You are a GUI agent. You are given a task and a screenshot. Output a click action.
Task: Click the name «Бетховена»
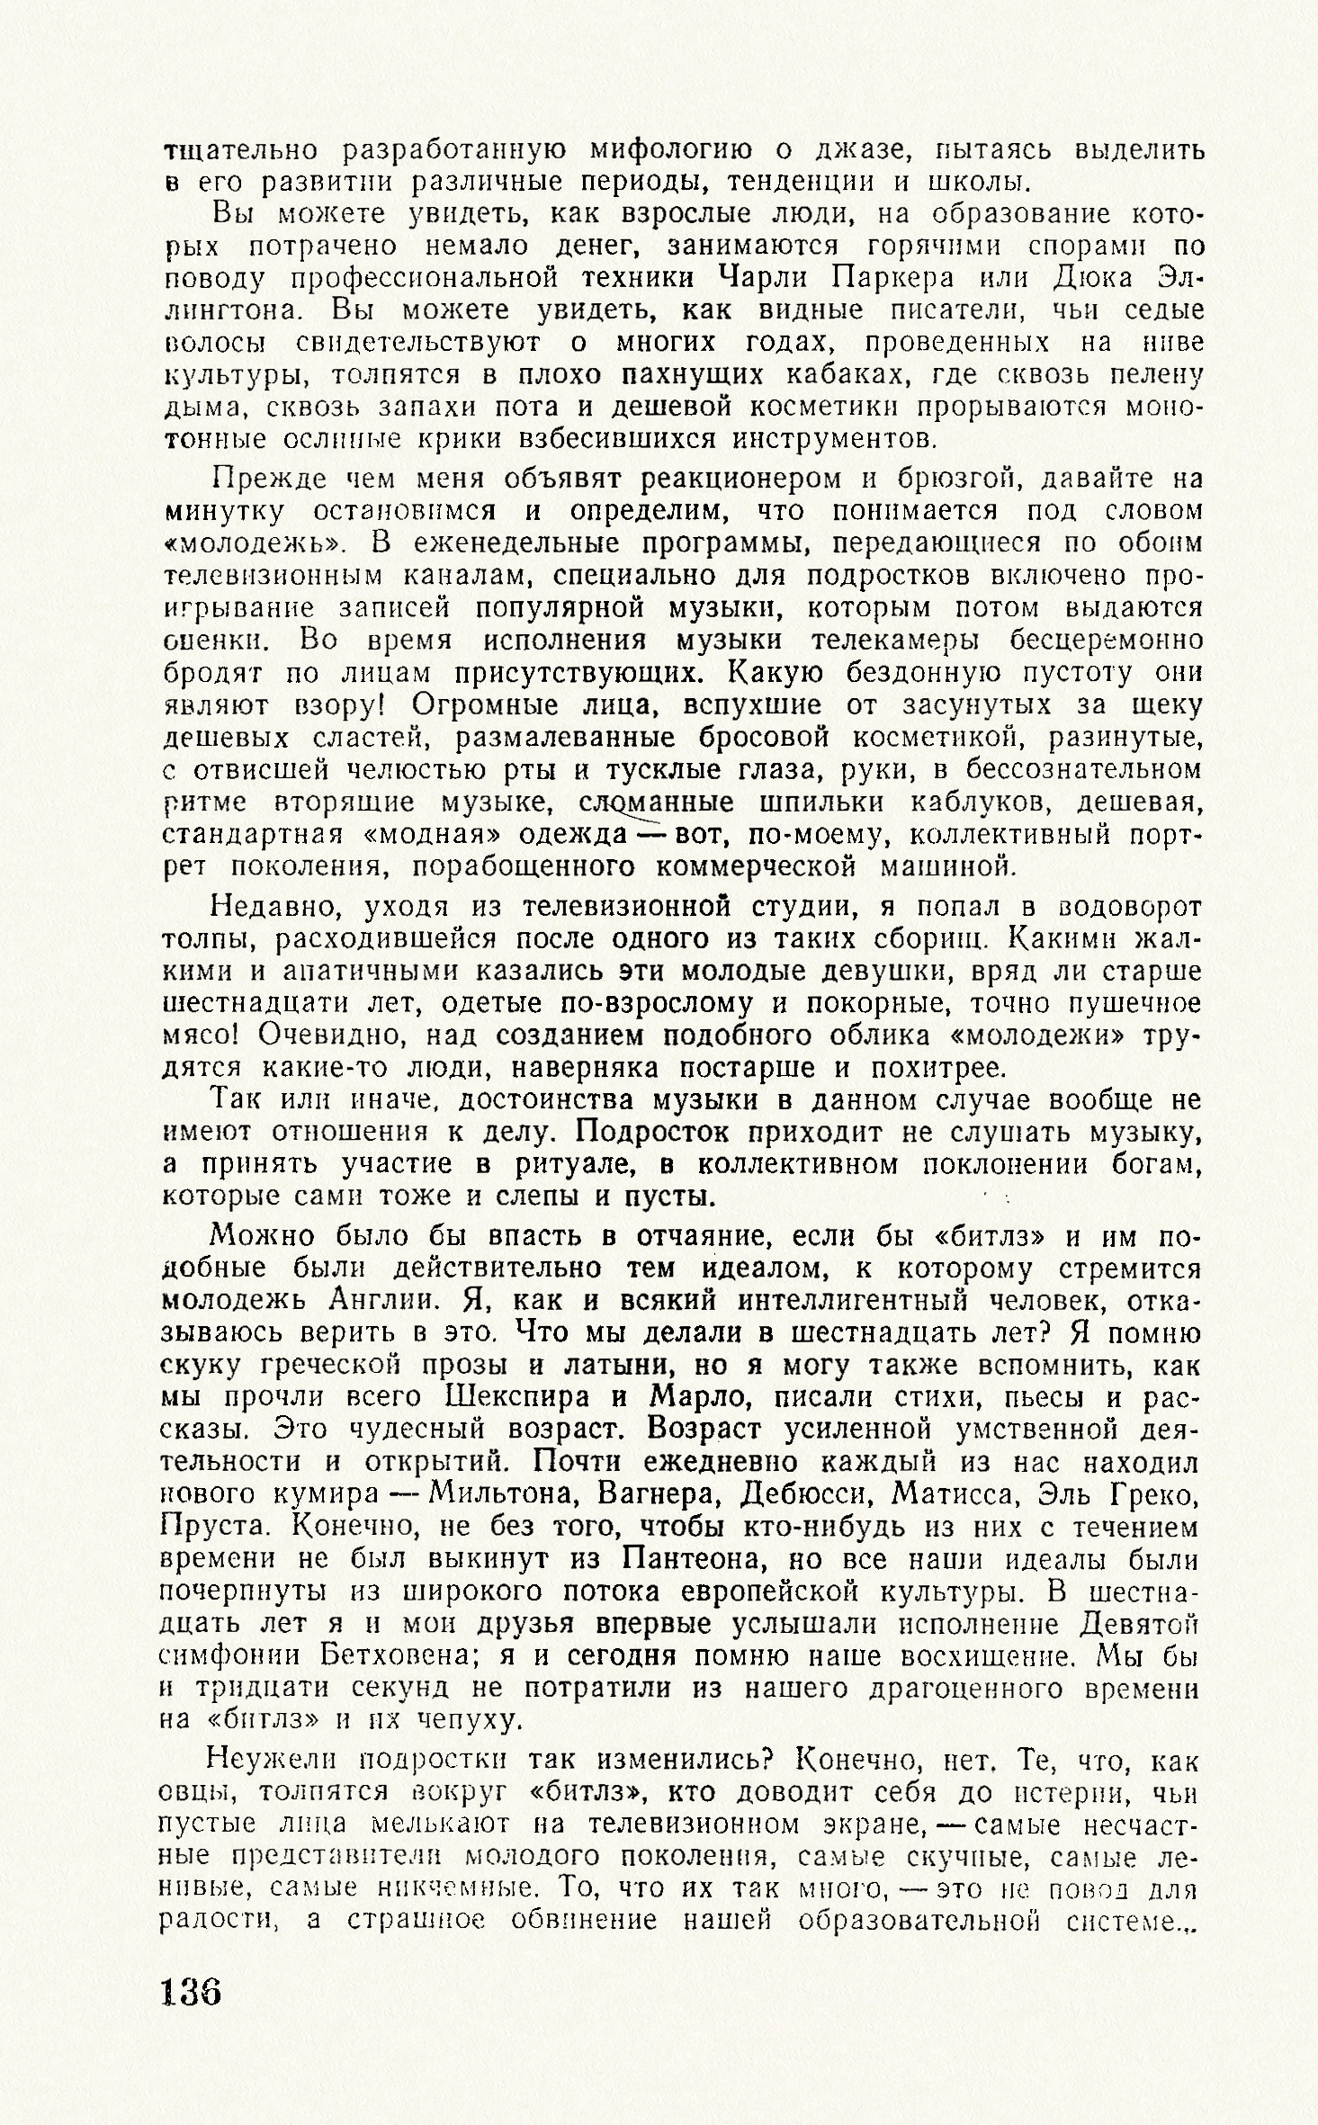pyautogui.click(x=402, y=1656)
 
